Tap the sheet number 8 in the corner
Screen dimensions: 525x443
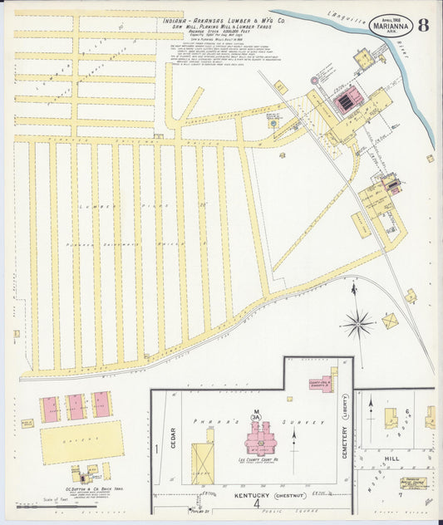point(423,23)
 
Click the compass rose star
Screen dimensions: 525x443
point(359,323)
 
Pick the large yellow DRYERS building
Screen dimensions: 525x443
point(81,442)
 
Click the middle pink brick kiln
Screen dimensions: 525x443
point(76,406)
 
